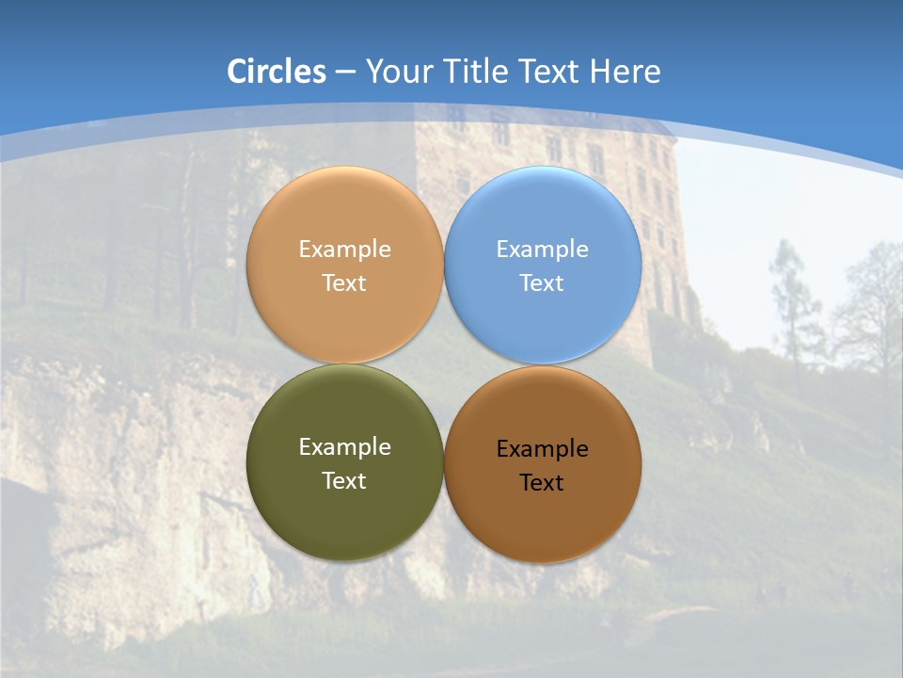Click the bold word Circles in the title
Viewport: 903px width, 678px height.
click(277, 72)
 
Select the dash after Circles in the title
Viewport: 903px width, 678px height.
click(345, 73)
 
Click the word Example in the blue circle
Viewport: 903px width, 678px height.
click(543, 250)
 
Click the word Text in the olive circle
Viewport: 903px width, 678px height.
click(344, 481)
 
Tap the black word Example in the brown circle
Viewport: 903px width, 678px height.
click(543, 449)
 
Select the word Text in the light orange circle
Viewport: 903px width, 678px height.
click(344, 283)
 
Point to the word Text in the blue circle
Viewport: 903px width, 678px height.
click(543, 283)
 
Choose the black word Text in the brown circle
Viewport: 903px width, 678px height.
click(542, 483)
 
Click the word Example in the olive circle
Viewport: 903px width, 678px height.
click(344, 447)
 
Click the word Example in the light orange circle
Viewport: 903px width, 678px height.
click(344, 250)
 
